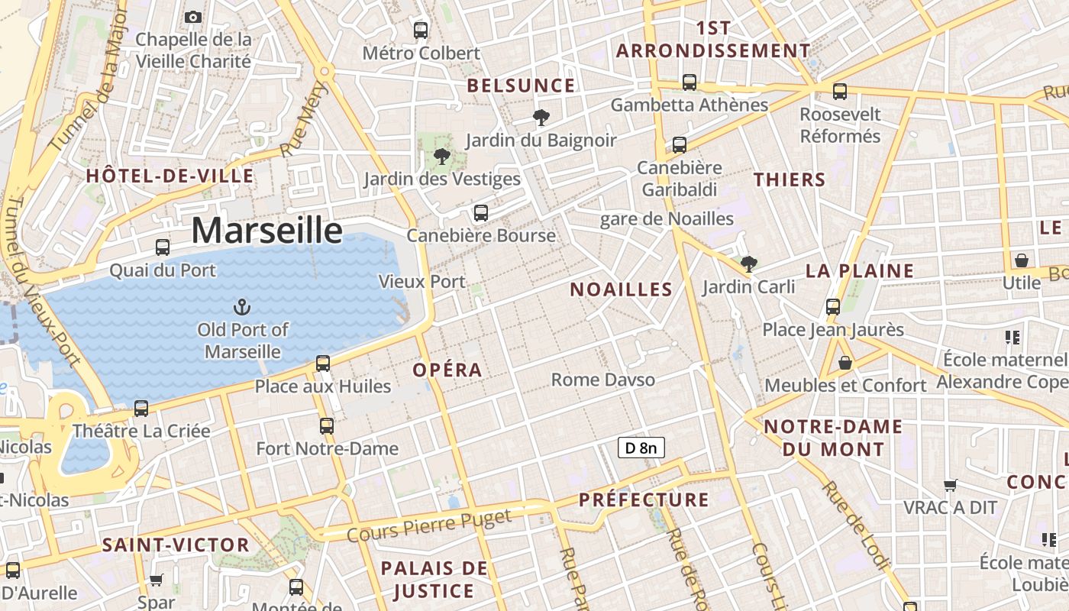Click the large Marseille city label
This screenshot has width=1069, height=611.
tap(266, 230)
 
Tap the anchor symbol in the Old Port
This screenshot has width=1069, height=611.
tap(241, 307)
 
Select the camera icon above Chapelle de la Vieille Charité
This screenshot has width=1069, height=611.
tap(193, 17)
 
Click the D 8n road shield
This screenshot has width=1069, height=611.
tap(641, 448)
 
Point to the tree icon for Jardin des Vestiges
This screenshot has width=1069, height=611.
tap(441, 157)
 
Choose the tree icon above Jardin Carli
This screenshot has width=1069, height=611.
tap(749, 264)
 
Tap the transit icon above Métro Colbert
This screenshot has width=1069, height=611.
tap(421, 31)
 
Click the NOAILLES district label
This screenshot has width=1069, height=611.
tap(622, 289)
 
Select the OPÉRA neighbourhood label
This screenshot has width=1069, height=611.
tap(447, 370)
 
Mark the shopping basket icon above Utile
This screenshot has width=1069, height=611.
tap(1022, 260)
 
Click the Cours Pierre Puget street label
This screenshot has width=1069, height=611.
tap(429, 527)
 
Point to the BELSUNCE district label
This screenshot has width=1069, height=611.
tap(521, 86)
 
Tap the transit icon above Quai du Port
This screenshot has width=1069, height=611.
tap(163, 247)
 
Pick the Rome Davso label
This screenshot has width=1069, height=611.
tap(602, 380)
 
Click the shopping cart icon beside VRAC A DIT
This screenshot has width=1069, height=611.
tap(951, 485)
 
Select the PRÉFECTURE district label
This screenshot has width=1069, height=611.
tap(644, 500)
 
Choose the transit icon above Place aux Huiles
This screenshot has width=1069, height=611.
tap(323, 364)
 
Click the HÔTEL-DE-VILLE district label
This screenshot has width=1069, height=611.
tap(170, 176)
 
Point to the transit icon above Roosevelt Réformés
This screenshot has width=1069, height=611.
tap(840, 92)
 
